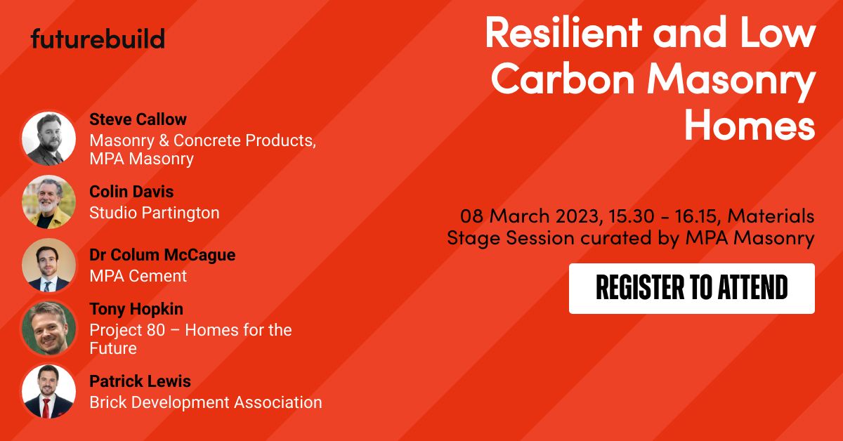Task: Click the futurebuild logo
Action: tap(98, 39)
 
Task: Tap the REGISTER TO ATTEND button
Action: tap(691, 288)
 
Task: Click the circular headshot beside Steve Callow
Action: tap(48, 138)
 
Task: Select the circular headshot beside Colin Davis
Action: tap(48, 202)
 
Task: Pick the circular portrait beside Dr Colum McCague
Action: tap(48, 265)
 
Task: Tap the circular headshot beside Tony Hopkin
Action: tap(48, 328)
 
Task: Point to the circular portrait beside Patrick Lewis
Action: tap(48, 391)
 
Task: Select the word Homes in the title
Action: tap(750, 126)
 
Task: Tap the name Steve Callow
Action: tap(138, 119)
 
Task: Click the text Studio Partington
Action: tap(154, 213)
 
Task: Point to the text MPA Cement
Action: tap(138, 276)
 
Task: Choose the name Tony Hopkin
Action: tap(136, 309)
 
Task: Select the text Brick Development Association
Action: tap(205, 402)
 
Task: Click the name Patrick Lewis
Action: tap(140, 382)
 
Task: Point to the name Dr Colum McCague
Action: tap(162, 255)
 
